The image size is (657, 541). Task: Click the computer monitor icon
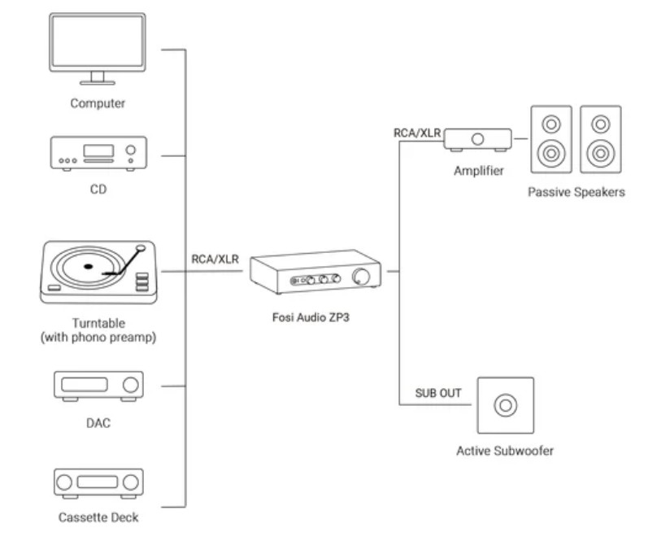[98, 45]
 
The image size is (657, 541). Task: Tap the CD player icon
[98, 152]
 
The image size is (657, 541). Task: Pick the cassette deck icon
[98, 482]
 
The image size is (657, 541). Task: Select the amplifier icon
[477, 139]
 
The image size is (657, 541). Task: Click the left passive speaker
[552, 138]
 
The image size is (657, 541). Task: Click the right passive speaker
[601, 138]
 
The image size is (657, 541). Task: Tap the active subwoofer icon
[506, 404]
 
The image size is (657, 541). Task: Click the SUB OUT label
[438, 393]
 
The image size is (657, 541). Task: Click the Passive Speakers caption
[576, 193]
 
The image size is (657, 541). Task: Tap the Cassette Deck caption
[98, 517]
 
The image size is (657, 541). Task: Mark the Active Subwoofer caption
[505, 451]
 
